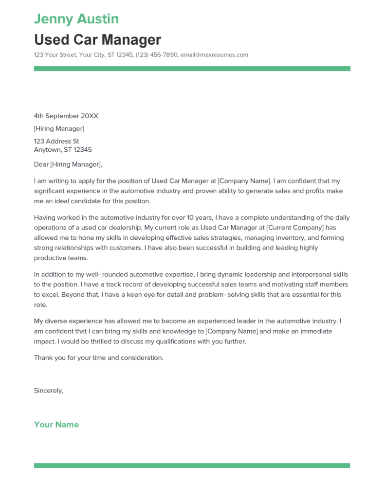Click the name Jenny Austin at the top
click(76, 19)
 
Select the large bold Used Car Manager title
click(97, 39)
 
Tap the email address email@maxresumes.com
click(214, 55)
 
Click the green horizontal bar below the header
click(192, 69)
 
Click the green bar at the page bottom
click(192, 465)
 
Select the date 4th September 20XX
click(66, 116)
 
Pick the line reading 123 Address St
click(56, 142)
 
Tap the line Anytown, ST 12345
click(63, 150)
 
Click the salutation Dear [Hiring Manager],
click(68, 164)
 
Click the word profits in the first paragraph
click(313, 191)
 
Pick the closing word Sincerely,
click(49, 390)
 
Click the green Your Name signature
click(56, 425)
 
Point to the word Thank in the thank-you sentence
click(43, 357)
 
